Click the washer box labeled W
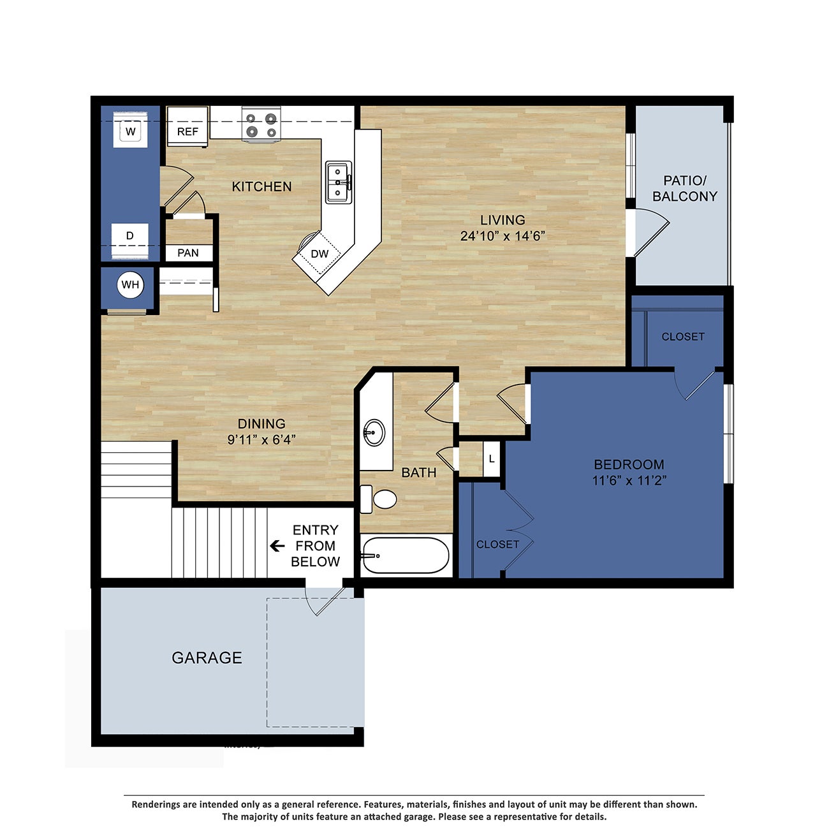pyautogui.click(x=131, y=131)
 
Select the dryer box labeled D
pyautogui.click(x=130, y=236)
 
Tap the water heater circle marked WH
pyautogui.click(x=130, y=284)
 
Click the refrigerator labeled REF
pyautogui.click(x=187, y=131)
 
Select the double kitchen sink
pyautogui.click(x=337, y=182)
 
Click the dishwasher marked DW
pyautogui.click(x=319, y=253)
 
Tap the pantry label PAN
pyautogui.click(x=187, y=253)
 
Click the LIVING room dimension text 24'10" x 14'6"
pyautogui.click(x=503, y=236)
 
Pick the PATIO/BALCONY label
pyautogui.click(x=684, y=189)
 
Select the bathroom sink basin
pyautogui.click(x=374, y=432)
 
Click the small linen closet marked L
pyautogui.click(x=491, y=459)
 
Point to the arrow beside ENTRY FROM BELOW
pyautogui.click(x=277, y=546)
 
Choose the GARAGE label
pyautogui.click(x=207, y=657)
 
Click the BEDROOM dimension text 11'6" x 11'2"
pyautogui.click(x=629, y=481)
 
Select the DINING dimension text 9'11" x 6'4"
pyautogui.click(x=261, y=439)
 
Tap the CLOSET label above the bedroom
pyautogui.click(x=683, y=336)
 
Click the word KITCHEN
pyautogui.click(x=261, y=186)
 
